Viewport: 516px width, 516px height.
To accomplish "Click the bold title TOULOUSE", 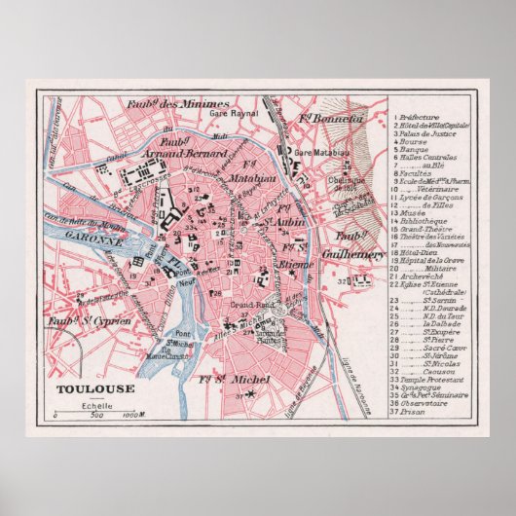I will point(83,390).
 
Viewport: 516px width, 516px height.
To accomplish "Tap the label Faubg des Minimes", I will point(176,104).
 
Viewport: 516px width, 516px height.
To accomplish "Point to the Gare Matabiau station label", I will point(317,154).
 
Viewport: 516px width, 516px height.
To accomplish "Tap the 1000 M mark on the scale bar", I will point(134,416).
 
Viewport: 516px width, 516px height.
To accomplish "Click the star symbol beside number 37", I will point(251,393).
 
